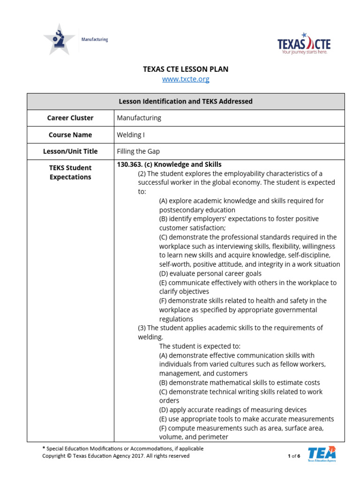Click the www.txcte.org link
tap(186, 79)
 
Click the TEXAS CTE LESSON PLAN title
tap(186, 69)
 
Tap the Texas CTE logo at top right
tap(304, 44)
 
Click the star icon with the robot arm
tap(59, 39)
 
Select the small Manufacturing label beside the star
tap(95, 40)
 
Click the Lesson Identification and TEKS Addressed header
tap(186, 101)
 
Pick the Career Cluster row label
tap(70, 118)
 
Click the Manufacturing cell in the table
tap(139, 118)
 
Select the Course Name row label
tap(70, 135)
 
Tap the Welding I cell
tap(130, 135)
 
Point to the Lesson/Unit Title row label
tap(70, 151)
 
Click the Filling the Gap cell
tap(138, 151)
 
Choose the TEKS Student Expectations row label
tap(70, 172)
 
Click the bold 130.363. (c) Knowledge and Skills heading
tap(169, 165)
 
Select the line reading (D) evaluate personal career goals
tap(210, 274)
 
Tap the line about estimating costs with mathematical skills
tap(240, 383)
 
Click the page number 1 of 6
tap(293, 456)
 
